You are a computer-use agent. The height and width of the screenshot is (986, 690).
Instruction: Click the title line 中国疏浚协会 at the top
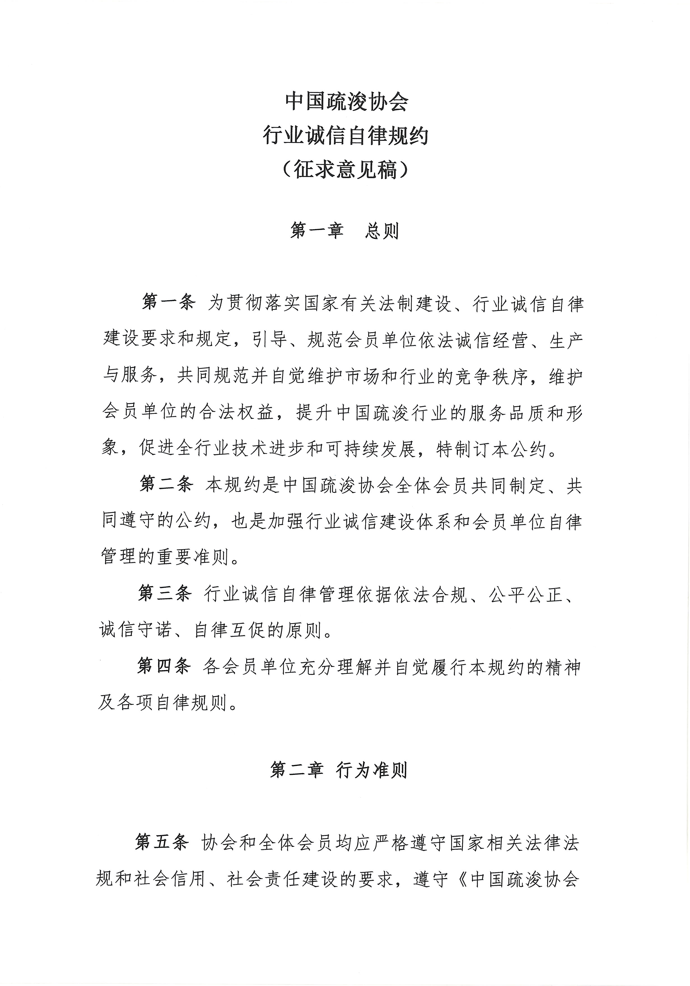(346, 102)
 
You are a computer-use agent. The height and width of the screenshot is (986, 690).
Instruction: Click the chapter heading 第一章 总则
(345, 231)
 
